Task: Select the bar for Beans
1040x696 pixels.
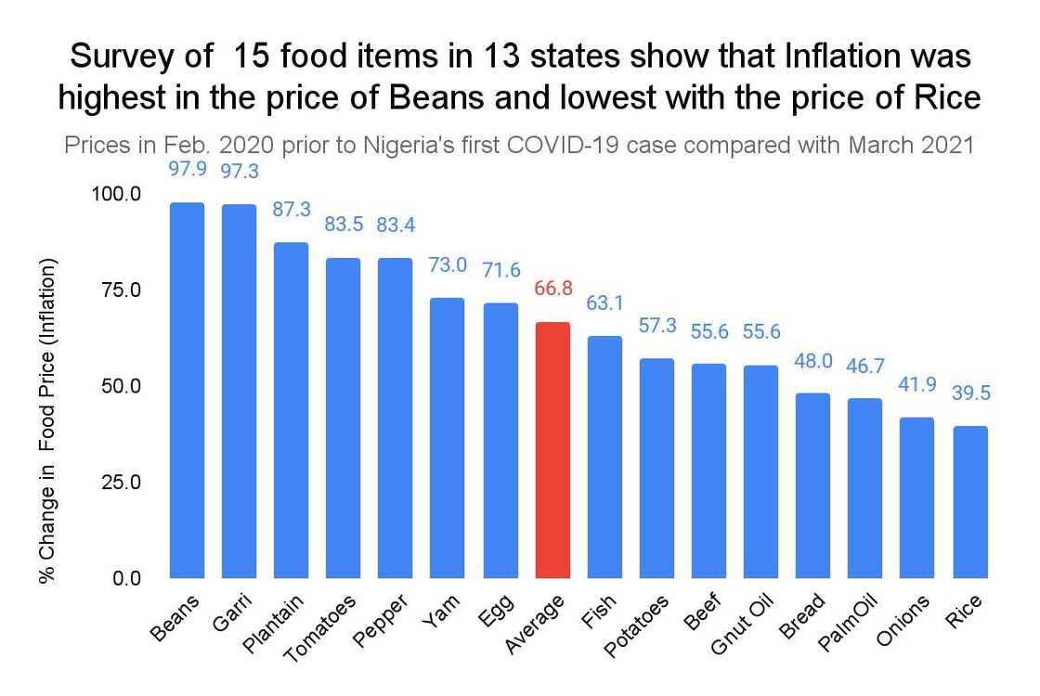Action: [187, 390]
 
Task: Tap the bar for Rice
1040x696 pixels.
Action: [970, 501]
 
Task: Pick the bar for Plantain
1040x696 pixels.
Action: [291, 408]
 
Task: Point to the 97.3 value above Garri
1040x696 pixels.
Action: [239, 172]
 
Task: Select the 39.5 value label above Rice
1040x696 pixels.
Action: [970, 393]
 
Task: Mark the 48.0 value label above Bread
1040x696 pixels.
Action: [813, 360]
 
